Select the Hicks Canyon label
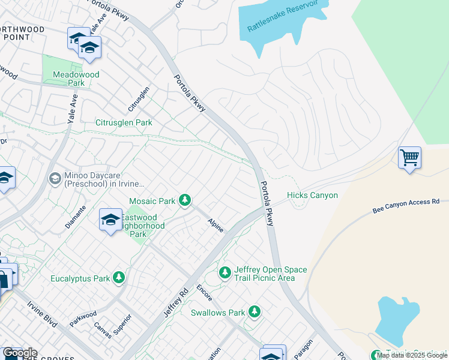point(312,195)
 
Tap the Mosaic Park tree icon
point(185,200)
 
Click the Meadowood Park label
point(76,79)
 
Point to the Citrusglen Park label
point(124,122)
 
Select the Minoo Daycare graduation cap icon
point(55,178)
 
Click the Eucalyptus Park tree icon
point(119,277)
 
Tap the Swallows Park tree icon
point(255,312)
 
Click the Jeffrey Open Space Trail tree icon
point(225,273)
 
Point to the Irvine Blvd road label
point(41,313)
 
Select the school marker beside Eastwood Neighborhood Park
point(110,221)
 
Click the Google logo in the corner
point(20,353)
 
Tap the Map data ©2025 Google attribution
point(412,355)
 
